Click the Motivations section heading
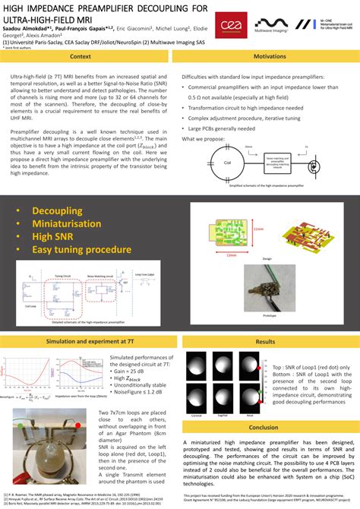tap(270, 57)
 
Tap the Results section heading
tap(265, 342)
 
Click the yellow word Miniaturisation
tap(76, 223)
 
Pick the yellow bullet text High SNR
tap(57, 236)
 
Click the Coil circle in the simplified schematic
tap(226, 162)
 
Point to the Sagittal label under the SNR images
tap(223, 416)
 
